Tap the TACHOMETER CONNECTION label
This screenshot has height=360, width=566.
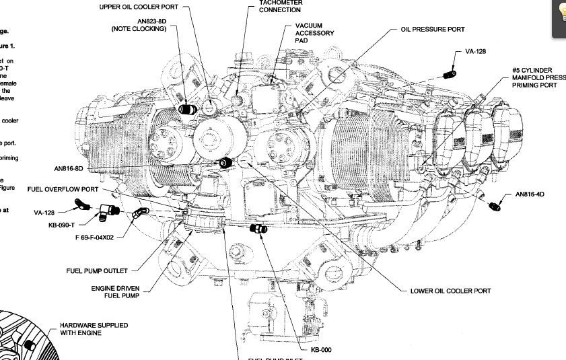281,7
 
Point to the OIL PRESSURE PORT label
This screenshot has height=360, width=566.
433,30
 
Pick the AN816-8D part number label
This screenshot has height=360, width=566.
69,168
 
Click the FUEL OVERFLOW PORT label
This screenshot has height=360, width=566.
63,189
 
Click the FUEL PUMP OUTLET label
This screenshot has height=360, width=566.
97,271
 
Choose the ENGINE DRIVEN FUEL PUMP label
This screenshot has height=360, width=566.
115,292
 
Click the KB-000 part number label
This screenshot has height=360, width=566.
321,349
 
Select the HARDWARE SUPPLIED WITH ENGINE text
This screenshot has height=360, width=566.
94,328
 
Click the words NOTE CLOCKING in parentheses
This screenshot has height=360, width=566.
139,30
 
